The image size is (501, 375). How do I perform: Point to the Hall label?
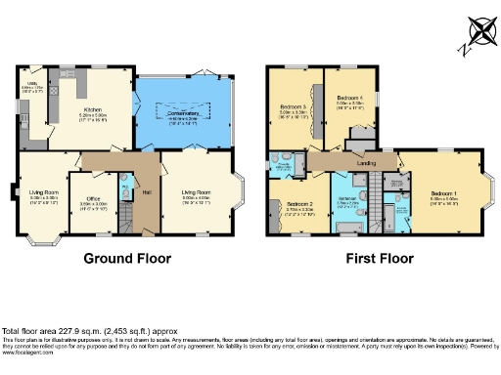(145, 191)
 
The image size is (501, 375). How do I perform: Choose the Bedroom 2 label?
(299, 204)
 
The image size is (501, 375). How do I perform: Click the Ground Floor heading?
(127, 259)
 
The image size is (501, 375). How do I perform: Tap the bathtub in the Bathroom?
(346, 227)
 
